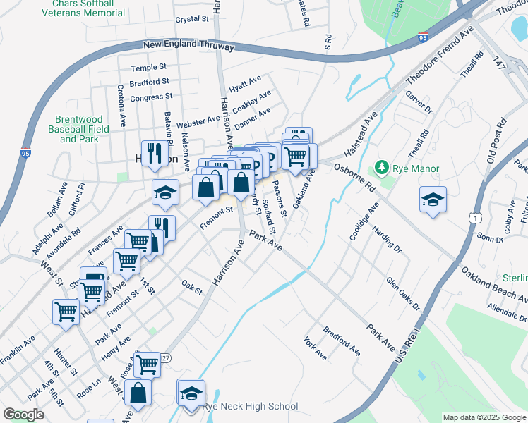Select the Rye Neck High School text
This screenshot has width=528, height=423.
[250, 407]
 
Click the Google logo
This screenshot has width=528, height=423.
[23, 415]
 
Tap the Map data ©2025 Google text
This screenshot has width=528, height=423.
[484, 417]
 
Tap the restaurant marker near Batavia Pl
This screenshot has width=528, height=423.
[154, 153]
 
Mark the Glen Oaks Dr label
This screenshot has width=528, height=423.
[403, 293]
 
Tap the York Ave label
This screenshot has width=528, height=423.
[315, 348]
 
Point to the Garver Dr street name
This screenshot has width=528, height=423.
[418, 102]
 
